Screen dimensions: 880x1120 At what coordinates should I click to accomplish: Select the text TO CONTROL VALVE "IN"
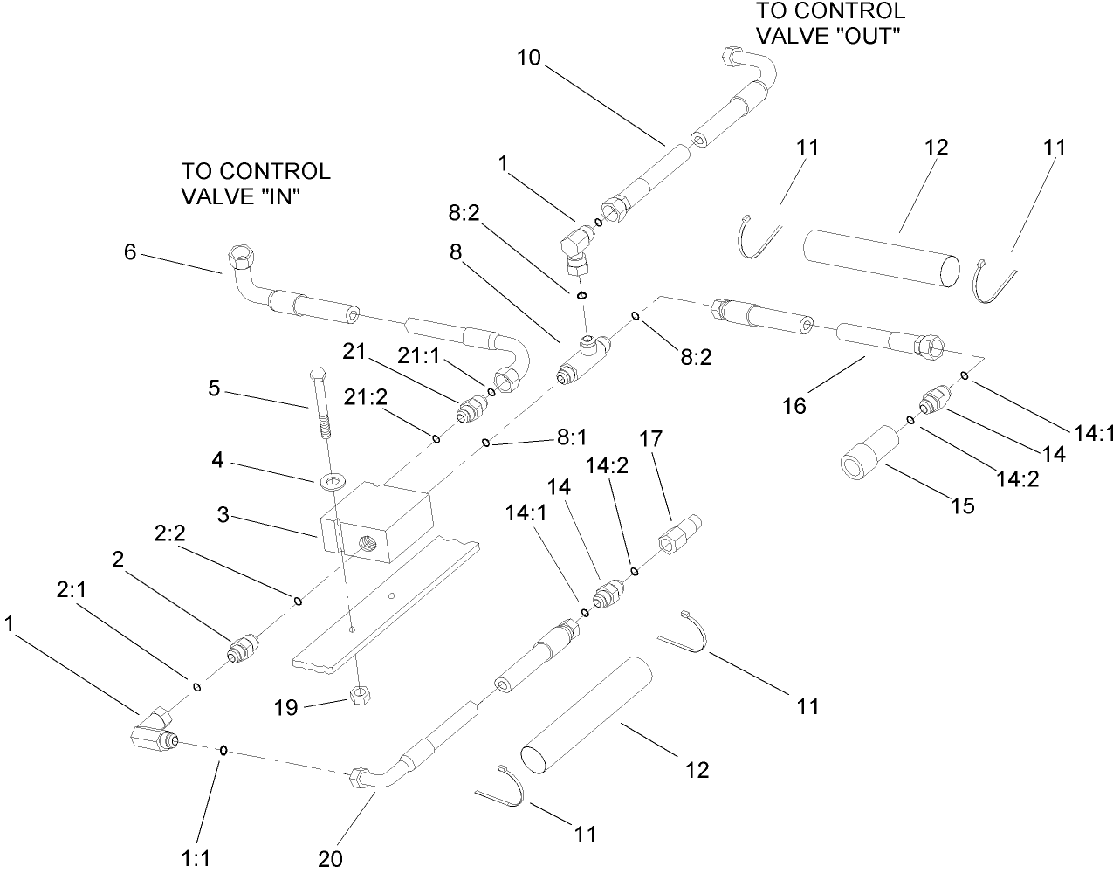point(255,183)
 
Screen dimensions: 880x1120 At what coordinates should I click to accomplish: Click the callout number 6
point(130,252)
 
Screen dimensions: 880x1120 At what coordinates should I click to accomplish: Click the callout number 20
point(330,858)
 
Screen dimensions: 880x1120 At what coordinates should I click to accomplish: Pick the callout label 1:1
point(196,858)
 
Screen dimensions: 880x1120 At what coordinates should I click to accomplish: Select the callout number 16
point(794,406)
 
